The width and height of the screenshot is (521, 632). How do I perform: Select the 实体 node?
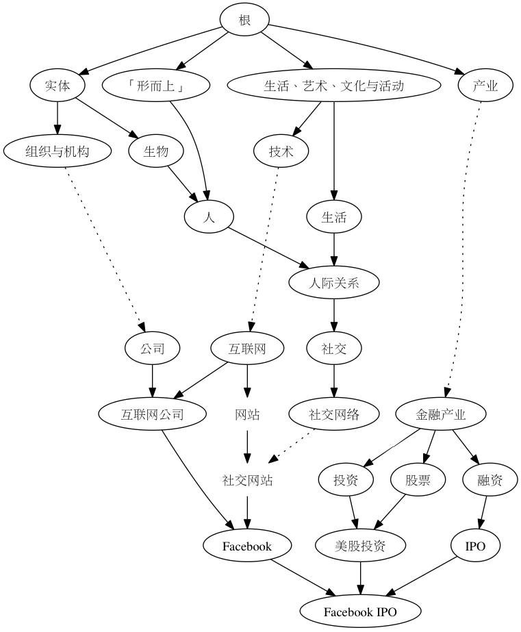[x=57, y=86]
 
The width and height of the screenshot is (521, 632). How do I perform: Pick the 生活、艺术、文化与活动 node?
[x=333, y=86]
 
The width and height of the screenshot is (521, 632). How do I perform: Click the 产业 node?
[x=485, y=86]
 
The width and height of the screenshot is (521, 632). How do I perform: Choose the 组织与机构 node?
[x=57, y=151]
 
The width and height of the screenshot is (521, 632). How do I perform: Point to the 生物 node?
[x=155, y=151]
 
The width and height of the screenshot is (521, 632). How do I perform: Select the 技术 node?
[x=282, y=151]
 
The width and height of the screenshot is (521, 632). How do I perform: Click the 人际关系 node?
[x=333, y=283]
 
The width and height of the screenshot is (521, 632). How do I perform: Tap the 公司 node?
[x=152, y=349]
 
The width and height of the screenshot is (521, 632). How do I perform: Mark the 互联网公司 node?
[x=152, y=414]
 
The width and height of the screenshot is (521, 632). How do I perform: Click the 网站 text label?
[x=247, y=414]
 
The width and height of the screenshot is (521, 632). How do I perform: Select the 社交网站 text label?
[x=247, y=480]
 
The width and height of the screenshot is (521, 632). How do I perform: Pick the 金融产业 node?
[x=441, y=414]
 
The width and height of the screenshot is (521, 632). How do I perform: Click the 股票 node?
[x=418, y=480]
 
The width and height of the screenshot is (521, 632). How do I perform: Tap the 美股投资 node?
[x=360, y=546]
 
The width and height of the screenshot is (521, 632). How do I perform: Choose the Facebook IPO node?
[x=360, y=611]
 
